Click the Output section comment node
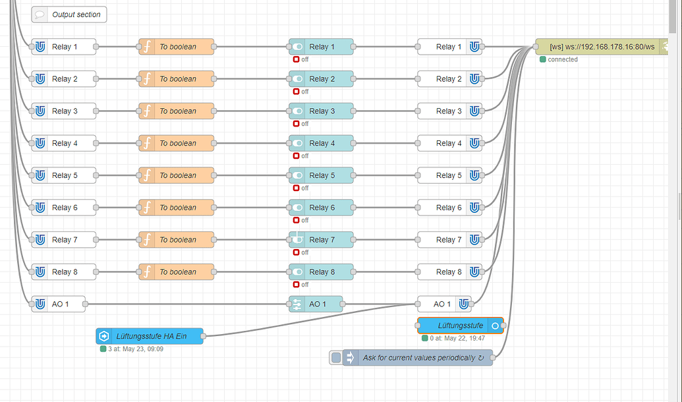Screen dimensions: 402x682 click(69, 14)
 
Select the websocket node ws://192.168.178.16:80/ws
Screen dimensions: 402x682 click(602, 47)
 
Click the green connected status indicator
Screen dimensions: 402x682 click(543, 59)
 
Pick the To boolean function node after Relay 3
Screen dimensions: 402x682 click(176, 111)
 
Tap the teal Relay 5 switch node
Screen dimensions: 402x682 click(321, 175)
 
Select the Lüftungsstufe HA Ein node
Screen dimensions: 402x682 click(150, 336)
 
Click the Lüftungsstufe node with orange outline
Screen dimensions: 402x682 click(460, 326)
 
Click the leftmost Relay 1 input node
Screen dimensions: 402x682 click(64, 47)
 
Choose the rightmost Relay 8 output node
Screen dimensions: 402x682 click(449, 272)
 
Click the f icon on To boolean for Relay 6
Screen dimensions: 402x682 click(147, 208)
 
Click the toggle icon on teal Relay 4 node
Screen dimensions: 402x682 click(297, 143)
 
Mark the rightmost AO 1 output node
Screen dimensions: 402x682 click(444, 304)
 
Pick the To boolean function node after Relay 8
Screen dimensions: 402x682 click(176, 272)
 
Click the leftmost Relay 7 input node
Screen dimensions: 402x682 click(64, 240)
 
